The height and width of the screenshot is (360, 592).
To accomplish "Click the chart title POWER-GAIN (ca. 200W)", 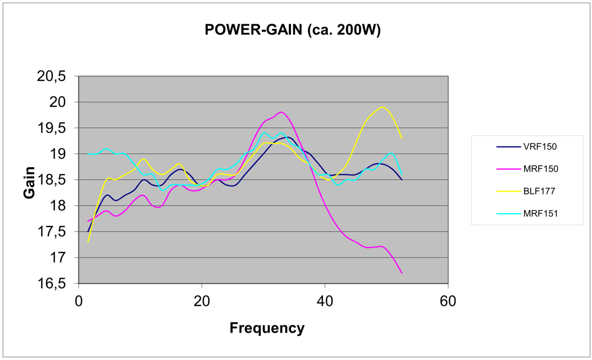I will coord(292,30).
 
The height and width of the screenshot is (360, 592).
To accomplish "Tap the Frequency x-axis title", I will coord(267,328).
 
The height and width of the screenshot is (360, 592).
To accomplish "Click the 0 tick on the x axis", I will coord(79,301).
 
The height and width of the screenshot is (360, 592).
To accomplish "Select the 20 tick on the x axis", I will coord(202,301).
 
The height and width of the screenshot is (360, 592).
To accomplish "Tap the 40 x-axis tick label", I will coord(325,301).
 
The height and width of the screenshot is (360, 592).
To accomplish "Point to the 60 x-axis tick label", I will coord(448,301).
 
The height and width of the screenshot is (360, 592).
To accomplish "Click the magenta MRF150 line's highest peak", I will coord(281,112).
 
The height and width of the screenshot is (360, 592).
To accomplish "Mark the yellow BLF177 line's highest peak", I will coord(382,107).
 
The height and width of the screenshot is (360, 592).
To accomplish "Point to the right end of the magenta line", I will coord(402,273).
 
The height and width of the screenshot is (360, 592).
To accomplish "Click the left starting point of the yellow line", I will coord(88,242).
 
